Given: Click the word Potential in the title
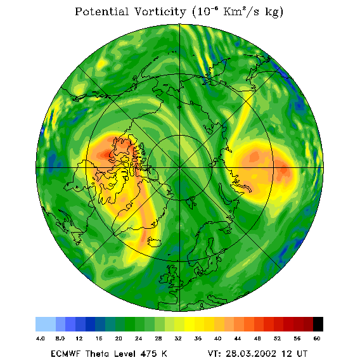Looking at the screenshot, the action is pos(101,11).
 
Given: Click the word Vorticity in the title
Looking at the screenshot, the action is pos(160,11).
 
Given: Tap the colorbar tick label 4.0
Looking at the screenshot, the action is pos(41,338).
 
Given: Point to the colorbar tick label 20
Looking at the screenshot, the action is pos(119,338).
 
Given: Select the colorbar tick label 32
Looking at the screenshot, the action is pos(178,338).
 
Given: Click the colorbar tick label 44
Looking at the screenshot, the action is pos(238,338).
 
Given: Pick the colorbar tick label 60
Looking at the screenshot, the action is pos(317,338).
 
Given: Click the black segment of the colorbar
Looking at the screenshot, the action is pos(318,324).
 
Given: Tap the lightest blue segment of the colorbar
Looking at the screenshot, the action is pos(46,324).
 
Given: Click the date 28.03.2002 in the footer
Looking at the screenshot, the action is pos(251,354).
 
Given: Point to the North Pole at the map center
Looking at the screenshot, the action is pos(180,168).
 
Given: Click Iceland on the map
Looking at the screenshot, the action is pos(154,242).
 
